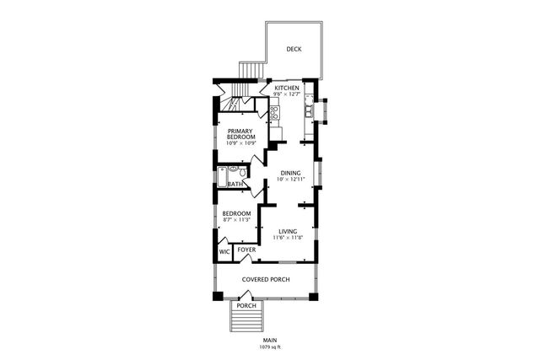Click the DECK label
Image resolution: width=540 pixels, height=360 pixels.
(294, 50)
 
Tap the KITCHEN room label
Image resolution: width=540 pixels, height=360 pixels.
(286, 88)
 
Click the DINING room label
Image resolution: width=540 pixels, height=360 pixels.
(289, 173)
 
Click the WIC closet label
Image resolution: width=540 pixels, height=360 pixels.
(224, 251)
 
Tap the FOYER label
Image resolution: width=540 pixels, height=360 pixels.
(246, 250)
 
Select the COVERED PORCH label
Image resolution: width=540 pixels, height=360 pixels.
(266, 279)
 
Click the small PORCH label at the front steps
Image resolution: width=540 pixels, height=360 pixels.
(246, 306)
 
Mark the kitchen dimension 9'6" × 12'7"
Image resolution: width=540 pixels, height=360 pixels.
(286, 94)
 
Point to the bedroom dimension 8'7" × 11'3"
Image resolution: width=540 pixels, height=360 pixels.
(235, 221)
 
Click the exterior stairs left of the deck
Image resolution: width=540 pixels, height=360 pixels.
(248, 69)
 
